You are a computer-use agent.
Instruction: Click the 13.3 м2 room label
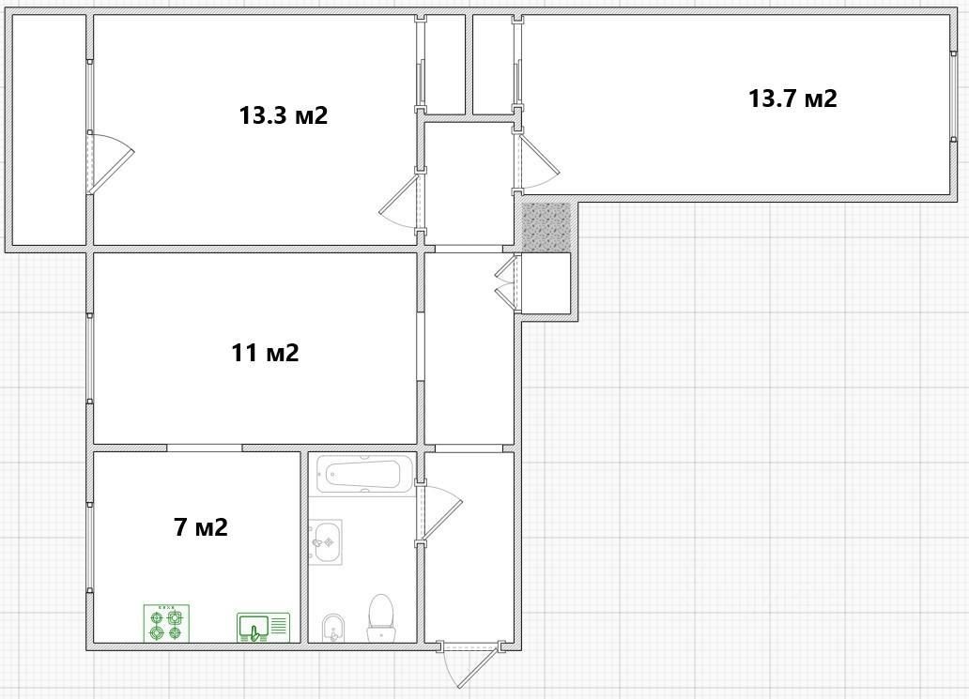tap(283, 115)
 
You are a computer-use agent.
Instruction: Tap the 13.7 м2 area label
tap(792, 99)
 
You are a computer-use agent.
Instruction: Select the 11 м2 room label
tap(265, 353)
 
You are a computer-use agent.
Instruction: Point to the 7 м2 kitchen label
tap(201, 527)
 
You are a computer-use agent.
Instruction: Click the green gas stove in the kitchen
tap(167, 623)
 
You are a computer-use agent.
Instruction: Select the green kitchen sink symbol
tap(263, 628)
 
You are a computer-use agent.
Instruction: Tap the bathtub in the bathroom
tap(364, 475)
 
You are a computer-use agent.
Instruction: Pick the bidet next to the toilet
tap(333, 628)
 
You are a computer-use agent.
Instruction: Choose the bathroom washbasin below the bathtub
tap(325, 541)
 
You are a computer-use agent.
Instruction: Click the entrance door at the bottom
tap(470, 665)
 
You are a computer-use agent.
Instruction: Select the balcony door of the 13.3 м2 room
tap(110, 162)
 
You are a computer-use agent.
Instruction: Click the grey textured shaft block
tap(546, 227)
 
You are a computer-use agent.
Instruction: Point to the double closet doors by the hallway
tap(508, 282)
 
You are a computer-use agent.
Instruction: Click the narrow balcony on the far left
tap(49, 129)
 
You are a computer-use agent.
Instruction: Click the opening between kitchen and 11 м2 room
tap(205, 448)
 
